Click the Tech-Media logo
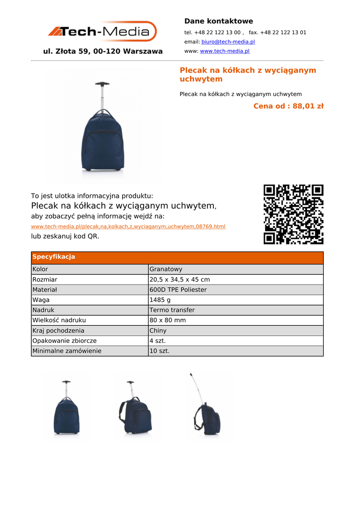coord(102,32)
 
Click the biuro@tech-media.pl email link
coord(228,42)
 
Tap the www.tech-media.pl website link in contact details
coord(224,51)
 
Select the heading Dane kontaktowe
coord(218,21)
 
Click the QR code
coord(293,214)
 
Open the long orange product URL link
coord(128,227)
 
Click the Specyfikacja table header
coord(54,257)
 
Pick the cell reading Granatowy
coord(166,269)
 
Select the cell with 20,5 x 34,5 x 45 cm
coord(180,280)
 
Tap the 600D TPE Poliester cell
coord(178,290)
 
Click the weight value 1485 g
coord(160,300)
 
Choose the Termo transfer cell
coord(172,310)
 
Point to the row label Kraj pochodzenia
coord(58,331)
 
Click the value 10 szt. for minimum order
coord(160,351)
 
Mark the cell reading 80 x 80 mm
coord(168,321)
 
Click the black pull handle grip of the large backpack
coord(102,84)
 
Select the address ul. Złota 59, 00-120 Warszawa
coord(103,51)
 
